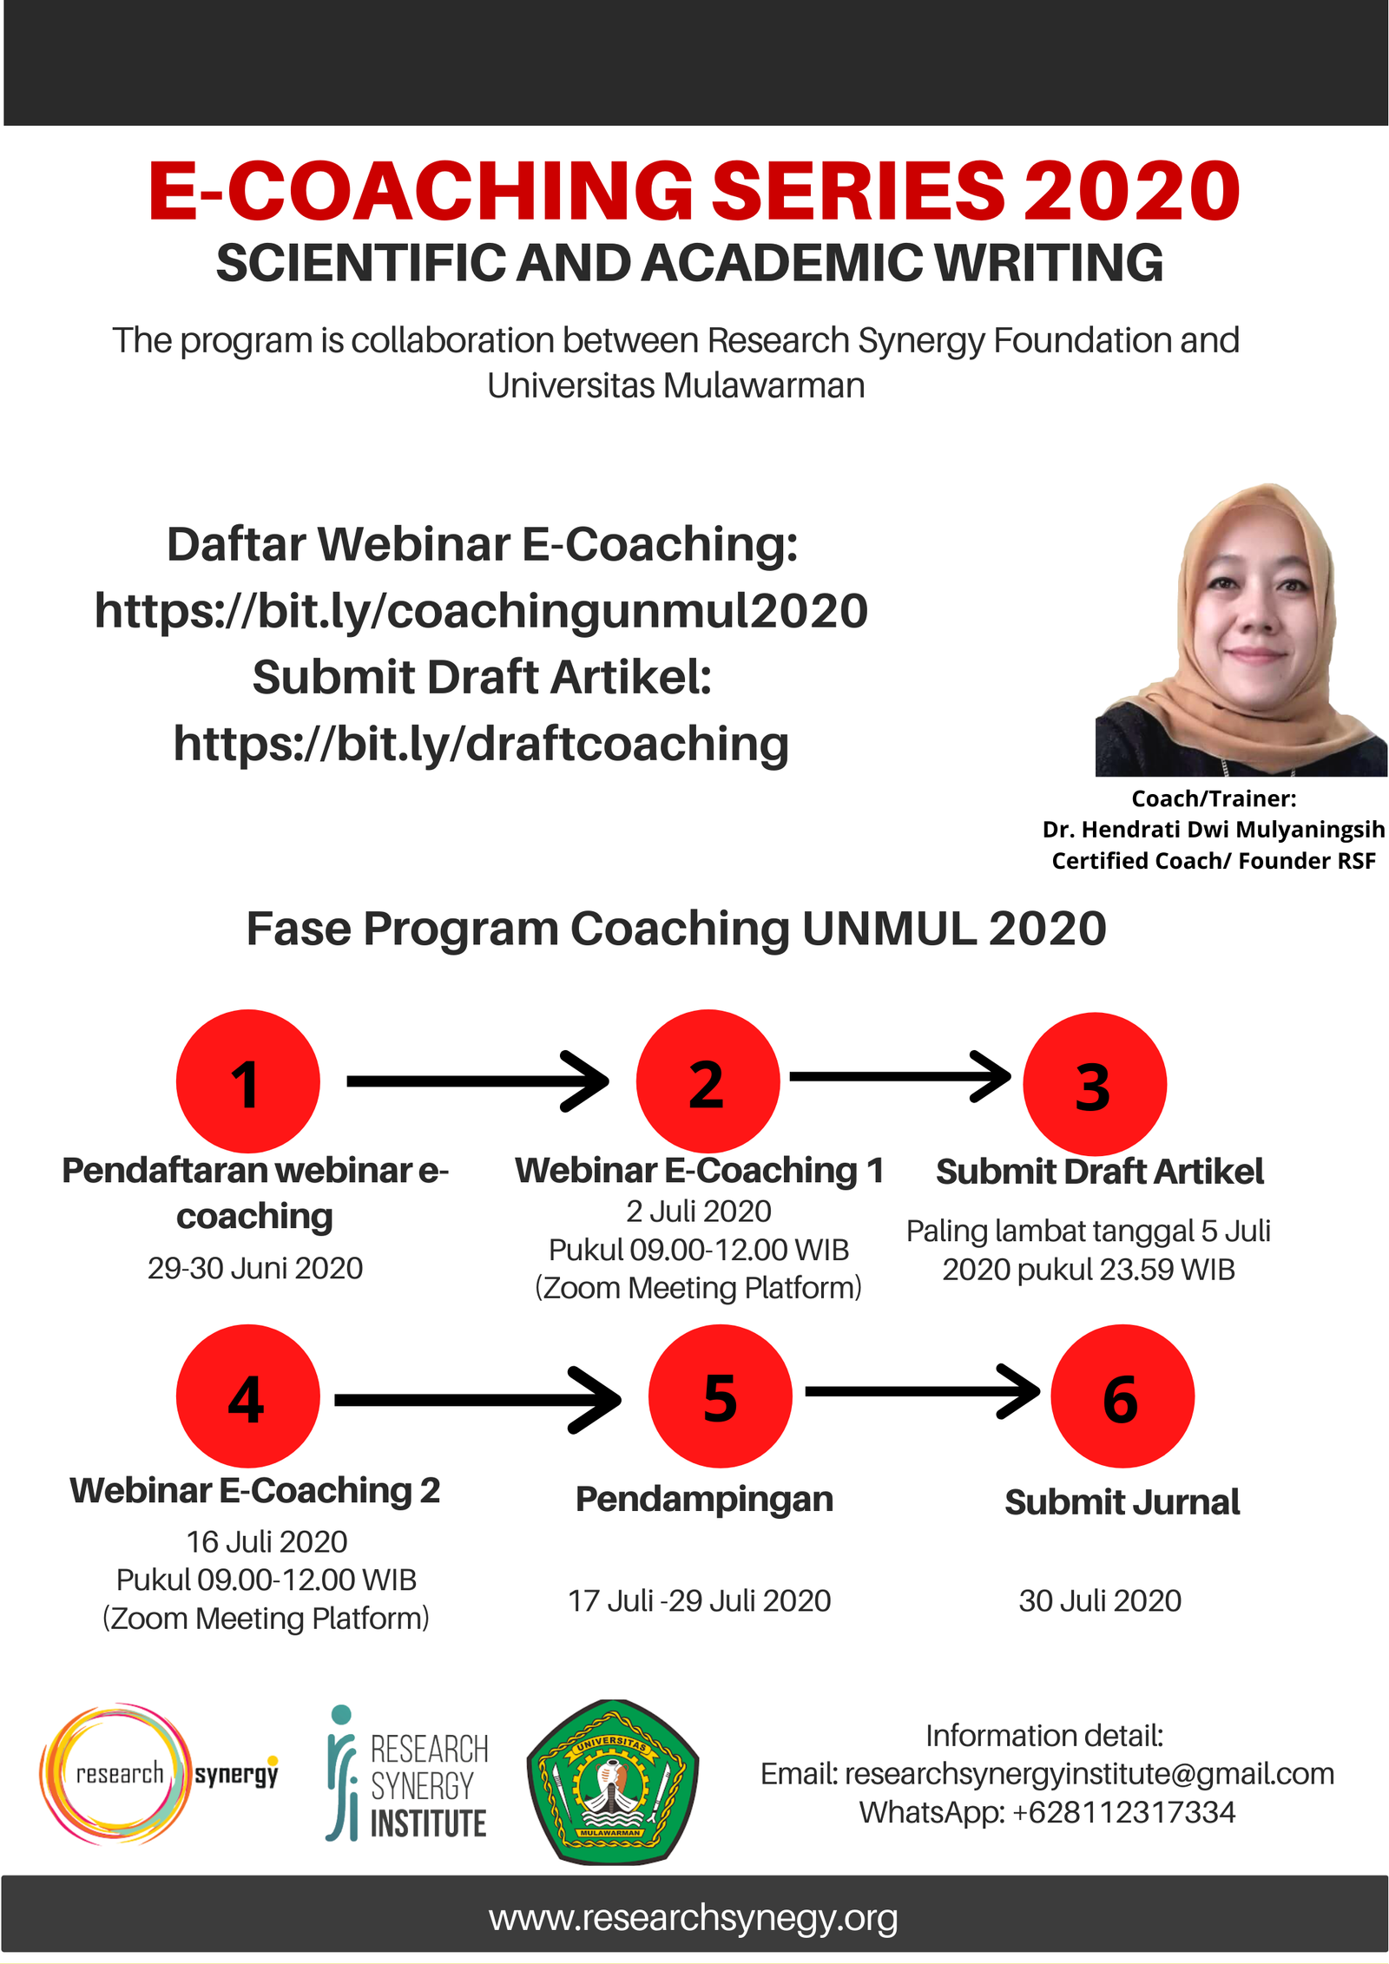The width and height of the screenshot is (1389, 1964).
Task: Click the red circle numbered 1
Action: (x=247, y=1081)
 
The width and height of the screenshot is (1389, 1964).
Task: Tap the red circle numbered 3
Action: (x=1094, y=1084)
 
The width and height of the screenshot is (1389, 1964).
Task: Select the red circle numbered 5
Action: (x=720, y=1396)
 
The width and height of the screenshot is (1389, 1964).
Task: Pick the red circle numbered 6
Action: (x=1122, y=1396)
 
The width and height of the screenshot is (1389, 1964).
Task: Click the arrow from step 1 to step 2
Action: (x=477, y=1081)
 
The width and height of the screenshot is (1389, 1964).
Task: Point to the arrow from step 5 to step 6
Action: (x=922, y=1391)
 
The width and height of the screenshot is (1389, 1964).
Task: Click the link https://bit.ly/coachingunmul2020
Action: (x=481, y=610)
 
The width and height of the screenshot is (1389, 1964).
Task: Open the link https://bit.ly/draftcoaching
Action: (x=481, y=744)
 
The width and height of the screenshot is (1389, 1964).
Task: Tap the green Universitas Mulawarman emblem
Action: (x=612, y=1781)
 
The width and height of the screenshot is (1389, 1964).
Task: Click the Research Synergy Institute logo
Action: (x=406, y=1773)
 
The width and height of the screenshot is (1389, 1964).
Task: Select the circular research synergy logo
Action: (x=159, y=1773)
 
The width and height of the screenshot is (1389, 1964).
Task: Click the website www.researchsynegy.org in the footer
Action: (x=693, y=1919)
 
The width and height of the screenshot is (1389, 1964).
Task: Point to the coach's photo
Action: (x=1241, y=629)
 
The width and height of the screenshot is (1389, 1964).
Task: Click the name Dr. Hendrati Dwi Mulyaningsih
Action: (x=1214, y=830)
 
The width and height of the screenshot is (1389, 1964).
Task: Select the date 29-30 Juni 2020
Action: (x=255, y=1268)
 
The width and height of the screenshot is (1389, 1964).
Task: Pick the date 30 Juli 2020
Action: (x=1100, y=1600)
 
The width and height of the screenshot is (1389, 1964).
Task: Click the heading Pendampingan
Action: (x=704, y=1500)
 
